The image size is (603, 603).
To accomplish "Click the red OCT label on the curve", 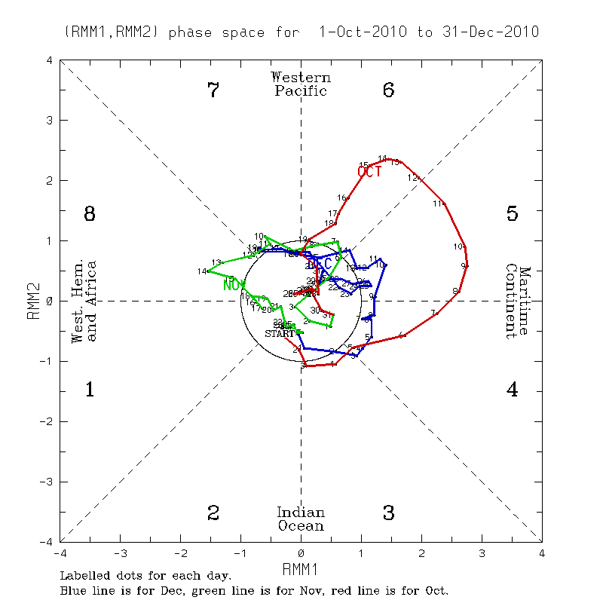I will (369, 172).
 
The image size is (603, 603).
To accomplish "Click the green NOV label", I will (234, 285).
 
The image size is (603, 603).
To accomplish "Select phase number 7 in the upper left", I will (213, 90).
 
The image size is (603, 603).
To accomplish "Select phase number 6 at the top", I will (389, 90).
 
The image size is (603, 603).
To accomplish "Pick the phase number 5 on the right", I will (512, 214).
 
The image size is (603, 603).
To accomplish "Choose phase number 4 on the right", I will (512, 390).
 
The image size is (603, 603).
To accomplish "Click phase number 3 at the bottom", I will (389, 513).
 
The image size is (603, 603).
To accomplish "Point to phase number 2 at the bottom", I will (213, 513).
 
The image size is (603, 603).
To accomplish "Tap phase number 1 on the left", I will (90, 390).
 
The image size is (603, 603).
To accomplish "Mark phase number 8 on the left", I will (90, 214).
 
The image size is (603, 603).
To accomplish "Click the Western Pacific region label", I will (301, 84).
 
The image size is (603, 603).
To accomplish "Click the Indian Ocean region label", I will (301, 519).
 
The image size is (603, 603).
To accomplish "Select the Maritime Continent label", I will (519, 301).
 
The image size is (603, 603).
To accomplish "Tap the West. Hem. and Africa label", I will (84, 301).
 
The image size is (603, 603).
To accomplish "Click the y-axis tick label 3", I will (49, 120).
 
